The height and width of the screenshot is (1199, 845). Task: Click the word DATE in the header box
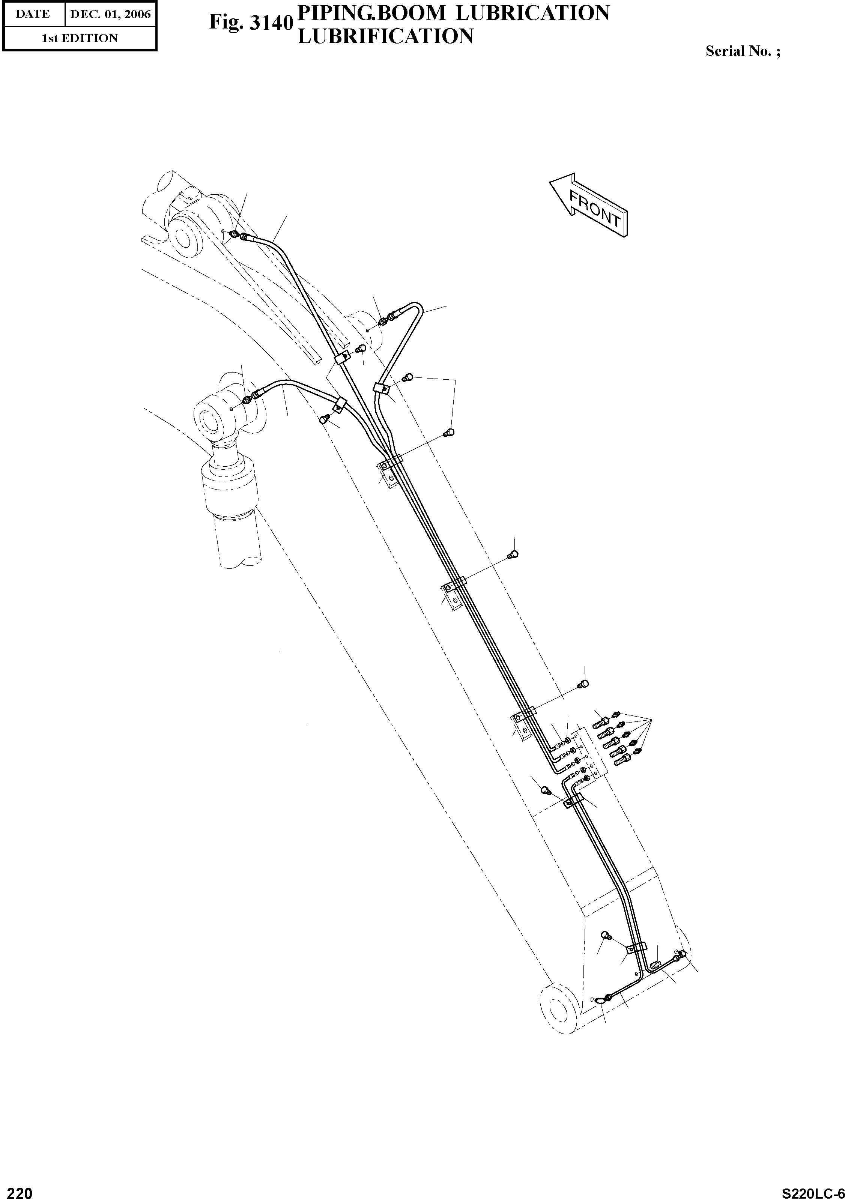click(32, 14)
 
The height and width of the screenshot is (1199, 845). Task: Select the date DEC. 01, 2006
click(110, 14)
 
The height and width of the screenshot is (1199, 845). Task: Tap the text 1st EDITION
click(80, 38)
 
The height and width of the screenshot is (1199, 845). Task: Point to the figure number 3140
click(269, 23)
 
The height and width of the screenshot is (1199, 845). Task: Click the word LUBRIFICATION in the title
click(385, 36)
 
